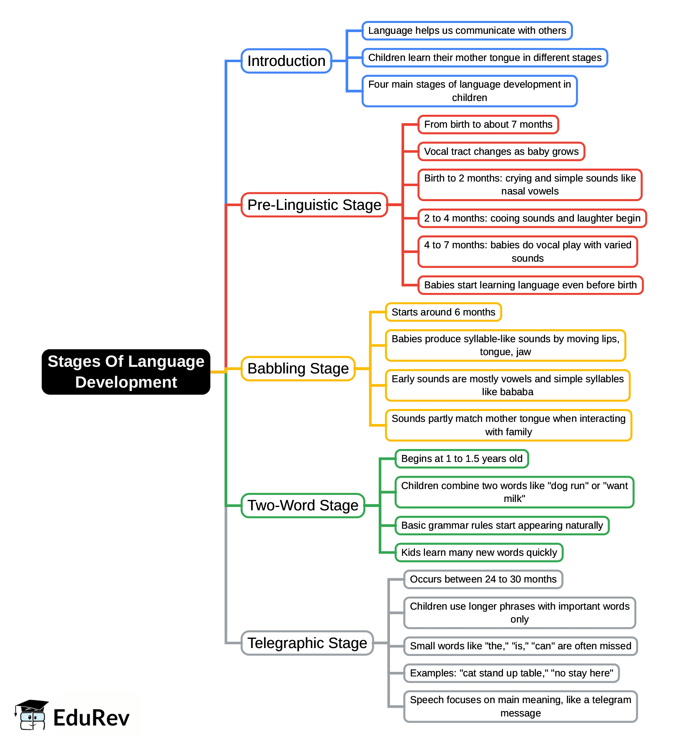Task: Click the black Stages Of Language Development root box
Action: click(x=126, y=372)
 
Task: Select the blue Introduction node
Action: click(x=286, y=61)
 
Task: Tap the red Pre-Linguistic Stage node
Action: click(x=314, y=205)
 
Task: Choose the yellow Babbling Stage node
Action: click(x=298, y=368)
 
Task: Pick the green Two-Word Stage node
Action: click(x=303, y=505)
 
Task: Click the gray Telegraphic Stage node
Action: click(x=307, y=643)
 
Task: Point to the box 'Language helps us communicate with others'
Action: click(x=467, y=31)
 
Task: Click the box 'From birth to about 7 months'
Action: click(x=488, y=124)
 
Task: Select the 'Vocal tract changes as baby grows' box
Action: click(x=501, y=151)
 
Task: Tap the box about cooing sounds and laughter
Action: click(x=532, y=218)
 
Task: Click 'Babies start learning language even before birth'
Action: click(x=530, y=285)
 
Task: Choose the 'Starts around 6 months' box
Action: click(x=443, y=312)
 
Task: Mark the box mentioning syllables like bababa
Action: click(x=507, y=385)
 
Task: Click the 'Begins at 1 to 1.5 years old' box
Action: click(x=461, y=459)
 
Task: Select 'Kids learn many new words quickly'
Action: click(x=479, y=552)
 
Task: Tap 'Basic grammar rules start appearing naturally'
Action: click(x=502, y=525)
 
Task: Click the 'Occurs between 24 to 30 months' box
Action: click(x=483, y=579)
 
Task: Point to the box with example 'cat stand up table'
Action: click(x=511, y=673)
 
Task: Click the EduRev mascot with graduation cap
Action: click(x=32, y=715)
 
